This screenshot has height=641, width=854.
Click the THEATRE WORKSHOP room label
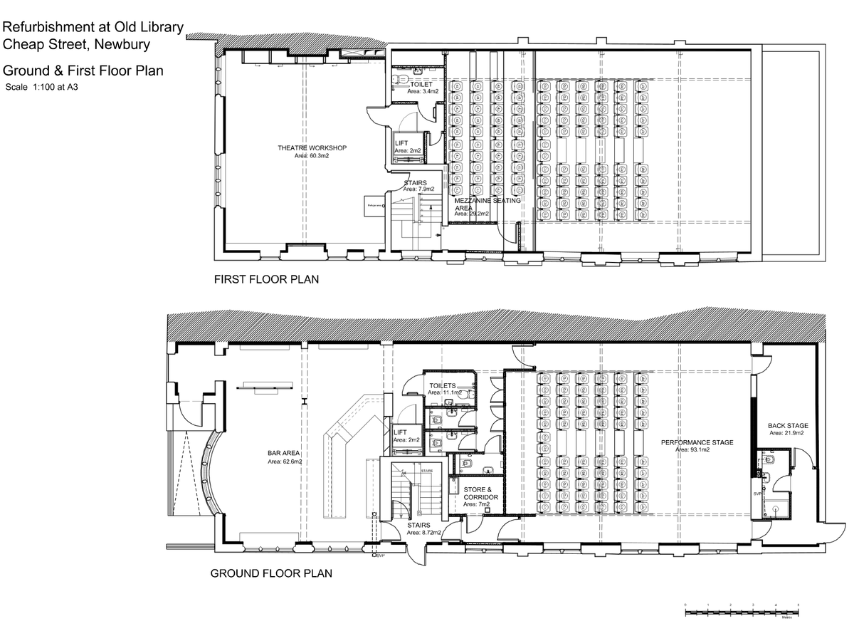point(312,148)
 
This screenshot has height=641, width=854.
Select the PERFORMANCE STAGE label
point(697,442)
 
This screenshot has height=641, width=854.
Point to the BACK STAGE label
point(788,426)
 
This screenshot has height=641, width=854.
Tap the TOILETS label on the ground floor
point(443,385)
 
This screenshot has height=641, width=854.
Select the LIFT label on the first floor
point(402,144)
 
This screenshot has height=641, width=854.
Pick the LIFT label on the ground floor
point(401,432)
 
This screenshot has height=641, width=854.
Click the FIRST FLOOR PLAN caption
point(266,280)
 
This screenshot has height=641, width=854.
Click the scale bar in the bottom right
point(742,610)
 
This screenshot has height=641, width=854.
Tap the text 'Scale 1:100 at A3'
point(41,88)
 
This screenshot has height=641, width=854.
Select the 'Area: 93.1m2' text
point(697,450)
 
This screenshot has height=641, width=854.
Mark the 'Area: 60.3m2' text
point(312,155)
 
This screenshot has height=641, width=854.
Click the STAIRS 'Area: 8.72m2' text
point(424,533)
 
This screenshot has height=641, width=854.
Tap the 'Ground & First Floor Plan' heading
point(83,71)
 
